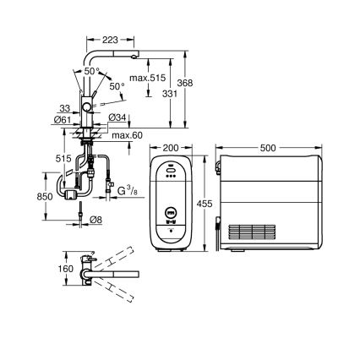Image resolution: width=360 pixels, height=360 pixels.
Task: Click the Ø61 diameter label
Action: pos(62,121)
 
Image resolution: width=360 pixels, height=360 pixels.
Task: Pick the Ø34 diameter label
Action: pos(118,117)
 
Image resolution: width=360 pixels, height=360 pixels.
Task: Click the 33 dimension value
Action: pos(65,107)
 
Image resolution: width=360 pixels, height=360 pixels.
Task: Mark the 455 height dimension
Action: pos(205,203)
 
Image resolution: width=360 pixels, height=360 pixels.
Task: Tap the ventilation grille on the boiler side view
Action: pos(254,229)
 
